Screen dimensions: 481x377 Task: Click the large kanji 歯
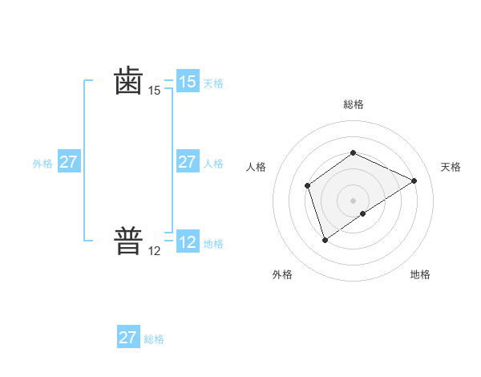128,82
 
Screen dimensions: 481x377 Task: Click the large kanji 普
128,241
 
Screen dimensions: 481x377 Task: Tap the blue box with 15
187,82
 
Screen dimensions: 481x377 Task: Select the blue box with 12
187,242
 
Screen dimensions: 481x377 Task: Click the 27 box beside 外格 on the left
68,162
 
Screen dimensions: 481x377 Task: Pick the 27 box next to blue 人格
187,162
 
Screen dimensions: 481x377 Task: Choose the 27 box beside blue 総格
128,338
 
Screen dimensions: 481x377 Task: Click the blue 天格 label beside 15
213,83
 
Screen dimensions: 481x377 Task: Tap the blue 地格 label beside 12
213,244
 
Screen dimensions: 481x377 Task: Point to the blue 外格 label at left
42,164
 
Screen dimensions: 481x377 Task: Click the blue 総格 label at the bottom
154,339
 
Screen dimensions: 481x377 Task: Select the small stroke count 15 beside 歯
155,91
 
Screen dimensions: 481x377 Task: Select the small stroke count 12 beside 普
155,251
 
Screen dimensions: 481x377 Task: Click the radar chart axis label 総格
353,104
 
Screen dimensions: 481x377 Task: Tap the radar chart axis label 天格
451,167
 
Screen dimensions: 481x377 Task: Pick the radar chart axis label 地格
420,274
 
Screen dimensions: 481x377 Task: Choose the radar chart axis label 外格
282,274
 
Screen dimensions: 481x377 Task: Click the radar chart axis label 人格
256,167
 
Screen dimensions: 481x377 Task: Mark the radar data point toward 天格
414,180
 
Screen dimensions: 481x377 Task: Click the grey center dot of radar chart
353,201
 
